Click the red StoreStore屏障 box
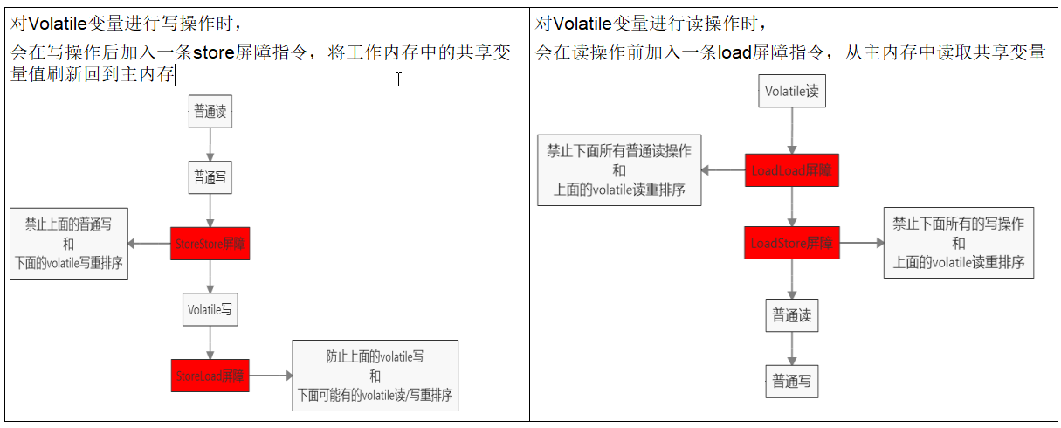(x=210, y=243)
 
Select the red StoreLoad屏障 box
(x=210, y=376)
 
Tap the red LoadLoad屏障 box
(x=792, y=171)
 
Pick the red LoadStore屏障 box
(x=792, y=243)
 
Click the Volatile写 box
(x=210, y=309)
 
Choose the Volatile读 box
(x=792, y=91)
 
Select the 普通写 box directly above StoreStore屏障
(x=210, y=177)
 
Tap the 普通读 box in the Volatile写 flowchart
(x=210, y=112)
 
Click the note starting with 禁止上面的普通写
(x=68, y=244)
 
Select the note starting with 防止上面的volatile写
(x=375, y=376)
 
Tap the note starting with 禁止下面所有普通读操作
(x=618, y=171)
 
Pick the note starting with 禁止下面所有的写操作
(x=958, y=243)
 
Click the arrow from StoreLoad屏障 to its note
(x=271, y=376)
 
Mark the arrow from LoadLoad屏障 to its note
(x=723, y=171)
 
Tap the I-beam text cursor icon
(x=398, y=79)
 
